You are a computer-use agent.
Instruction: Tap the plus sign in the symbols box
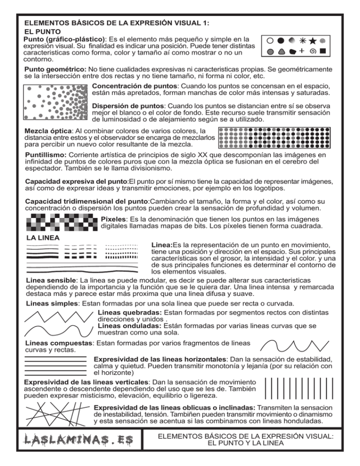pos(301,51)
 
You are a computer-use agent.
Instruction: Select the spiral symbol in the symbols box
pos(313,51)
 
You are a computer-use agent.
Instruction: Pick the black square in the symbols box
pos(323,51)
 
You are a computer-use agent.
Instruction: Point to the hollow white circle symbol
pos(270,41)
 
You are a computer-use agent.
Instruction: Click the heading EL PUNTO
pos(41,31)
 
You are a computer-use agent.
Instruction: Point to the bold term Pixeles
pos(115,218)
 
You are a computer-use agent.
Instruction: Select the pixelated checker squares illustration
pos(61,222)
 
